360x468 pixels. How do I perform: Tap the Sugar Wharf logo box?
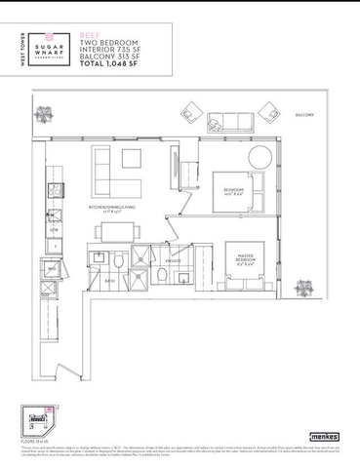[46, 50]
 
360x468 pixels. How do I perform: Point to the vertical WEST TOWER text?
[22, 48]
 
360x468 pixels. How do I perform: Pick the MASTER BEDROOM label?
[246, 259]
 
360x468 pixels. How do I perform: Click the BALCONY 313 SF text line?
[110, 56]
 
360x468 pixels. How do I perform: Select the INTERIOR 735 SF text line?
[111, 49]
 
